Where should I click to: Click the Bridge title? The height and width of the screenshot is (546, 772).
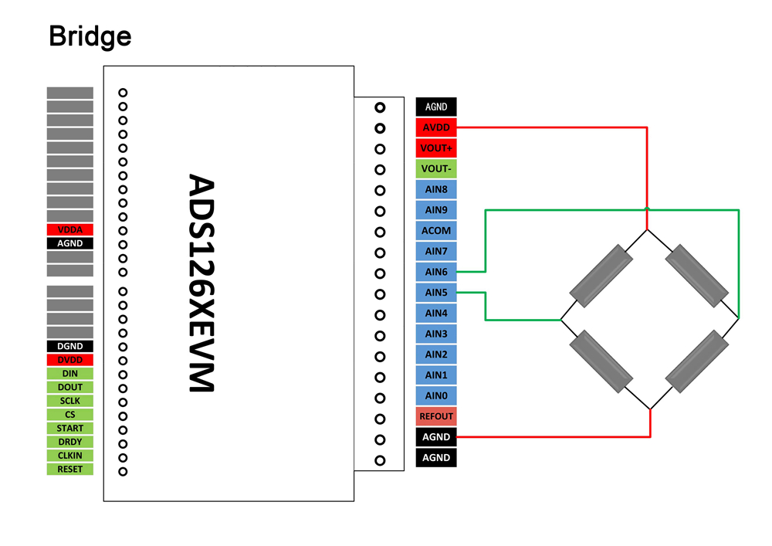pos(90,36)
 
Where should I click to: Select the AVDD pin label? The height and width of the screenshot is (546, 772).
pos(436,127)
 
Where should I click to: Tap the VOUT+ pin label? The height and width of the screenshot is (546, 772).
pos(436,148)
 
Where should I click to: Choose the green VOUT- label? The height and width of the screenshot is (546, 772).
pos(436,169)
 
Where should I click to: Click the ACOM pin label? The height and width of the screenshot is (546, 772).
pos(436,231)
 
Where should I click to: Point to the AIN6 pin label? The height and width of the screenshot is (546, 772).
pos(436,272)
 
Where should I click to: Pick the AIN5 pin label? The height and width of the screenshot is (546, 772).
pos(436,293)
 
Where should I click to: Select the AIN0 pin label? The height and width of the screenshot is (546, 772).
pos(436,396)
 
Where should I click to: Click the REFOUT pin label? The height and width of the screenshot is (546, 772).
pos(436,416)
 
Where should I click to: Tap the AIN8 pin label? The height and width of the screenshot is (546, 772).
pos(436,189)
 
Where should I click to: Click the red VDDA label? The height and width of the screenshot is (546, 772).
pos(69,229)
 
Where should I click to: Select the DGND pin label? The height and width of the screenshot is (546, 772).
pos(69,347)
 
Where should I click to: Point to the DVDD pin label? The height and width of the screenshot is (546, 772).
pos(69,360)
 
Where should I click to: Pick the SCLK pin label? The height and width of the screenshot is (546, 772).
pos(69,401)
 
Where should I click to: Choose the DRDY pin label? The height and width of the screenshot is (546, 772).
pos(69,442)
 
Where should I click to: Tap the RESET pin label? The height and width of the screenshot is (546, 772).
pos(69,469)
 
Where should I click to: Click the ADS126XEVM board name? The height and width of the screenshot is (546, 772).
pos(203,283)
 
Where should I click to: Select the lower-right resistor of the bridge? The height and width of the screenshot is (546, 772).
pos(697,362)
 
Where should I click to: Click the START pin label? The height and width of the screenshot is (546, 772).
pos(69,428)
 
